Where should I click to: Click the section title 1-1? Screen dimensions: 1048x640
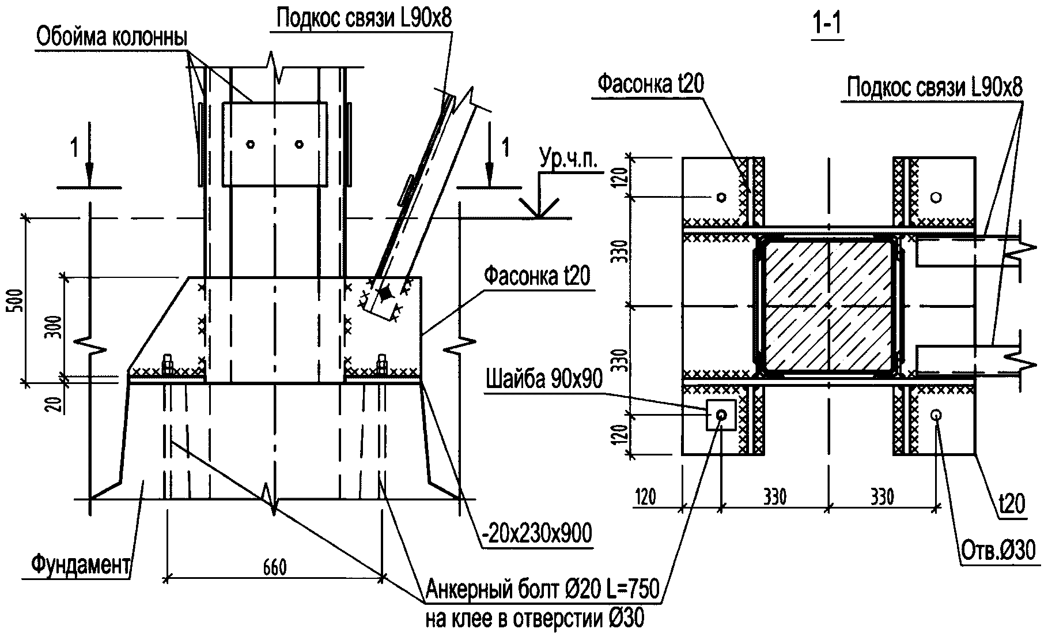[827, 27]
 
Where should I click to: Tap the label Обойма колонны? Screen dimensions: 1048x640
[111, 38]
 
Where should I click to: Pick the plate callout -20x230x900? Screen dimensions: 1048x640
[536, 534]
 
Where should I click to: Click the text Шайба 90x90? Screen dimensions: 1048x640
[544, 379]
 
